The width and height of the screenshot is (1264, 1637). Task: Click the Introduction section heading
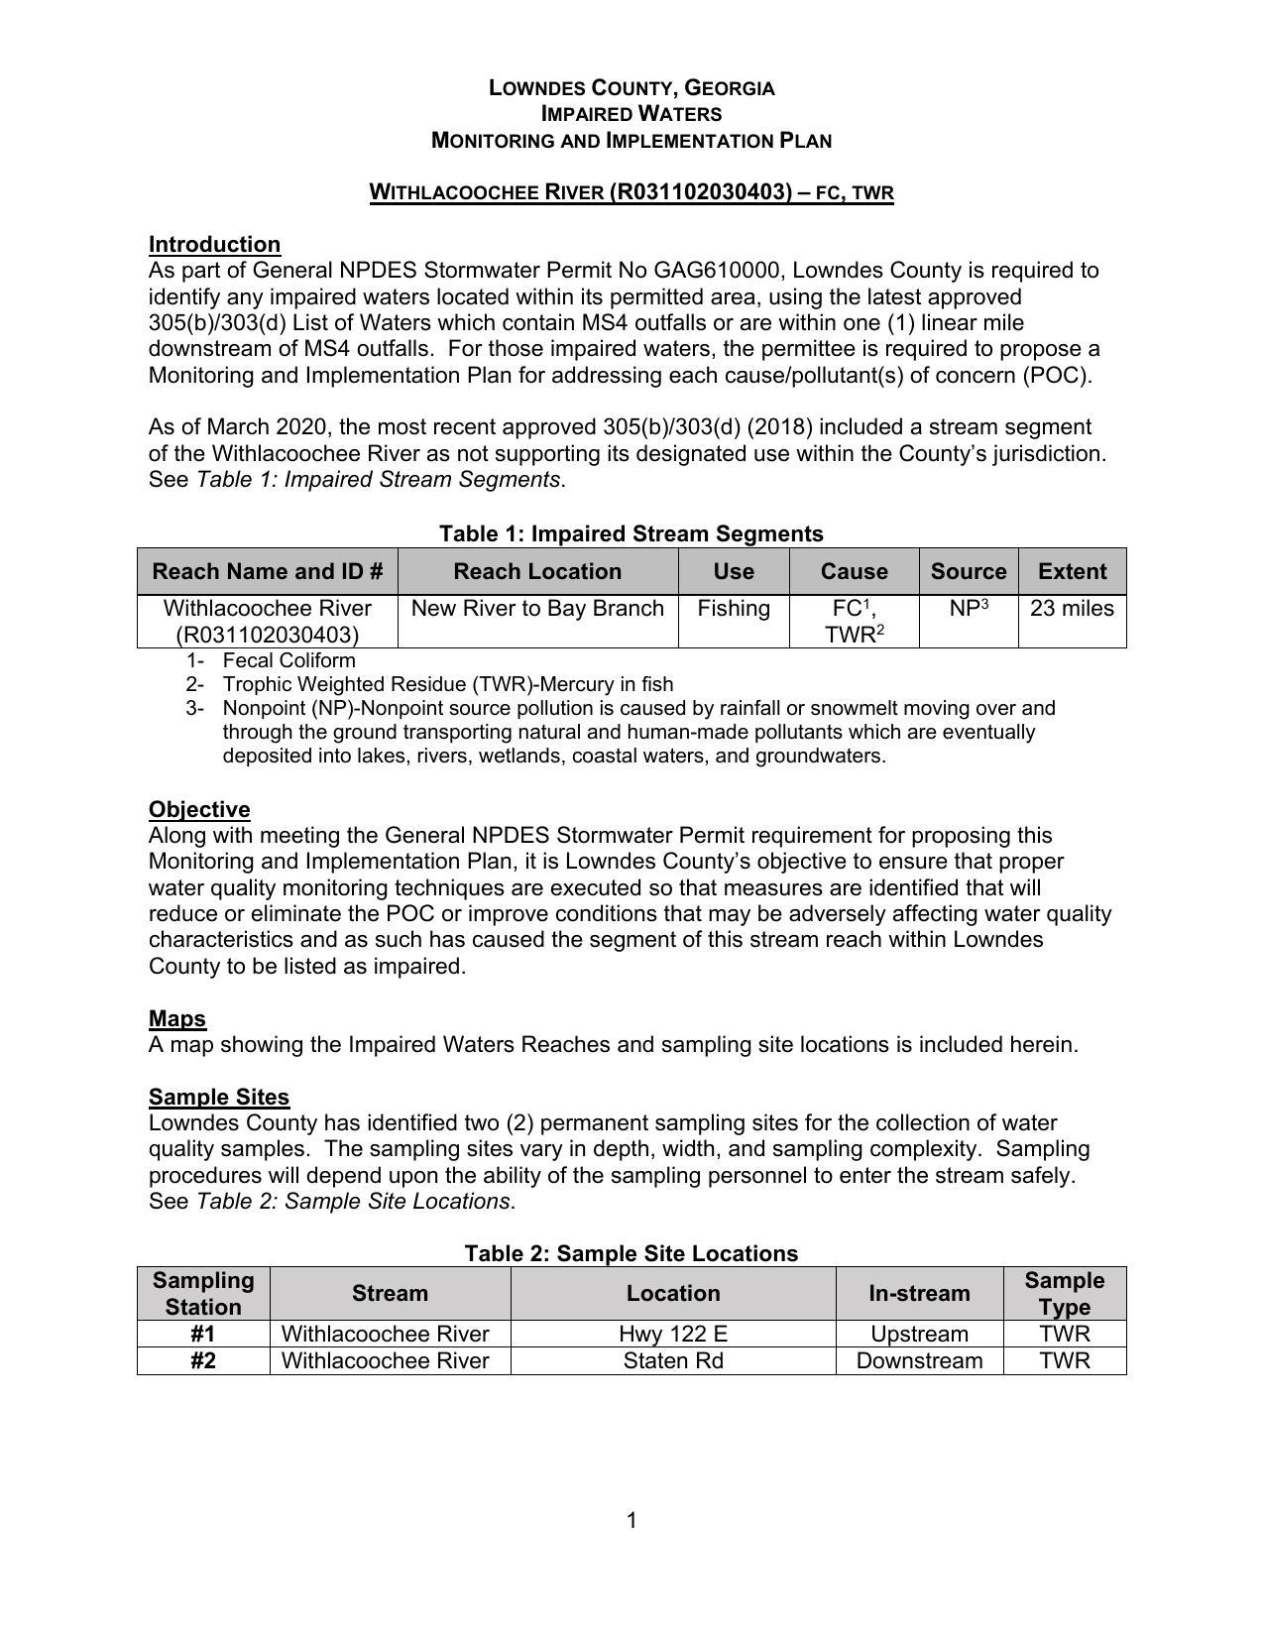click(x=214, y=244)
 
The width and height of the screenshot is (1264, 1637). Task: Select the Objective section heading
click(x=199, y=809)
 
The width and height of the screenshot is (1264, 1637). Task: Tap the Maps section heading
click(x=177, y=1018)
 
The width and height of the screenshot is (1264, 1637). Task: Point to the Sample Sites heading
click(x=219, y=1097)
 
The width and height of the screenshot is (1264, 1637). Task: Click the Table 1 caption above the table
click(x=632, y=533)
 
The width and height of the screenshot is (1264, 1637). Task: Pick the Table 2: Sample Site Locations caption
click(x=632, y=1253)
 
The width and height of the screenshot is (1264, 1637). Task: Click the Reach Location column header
click(x=537, y=571)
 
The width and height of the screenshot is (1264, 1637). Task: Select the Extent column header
click(x=1072, y=571)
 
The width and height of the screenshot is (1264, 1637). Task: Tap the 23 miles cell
click(x=1072, y=609)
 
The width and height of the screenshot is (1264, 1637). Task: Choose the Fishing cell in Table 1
click(x=734, y=609)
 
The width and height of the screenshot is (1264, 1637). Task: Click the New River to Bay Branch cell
click(x=537, y=609)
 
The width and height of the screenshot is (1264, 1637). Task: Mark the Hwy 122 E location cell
click(x=673, y=1335)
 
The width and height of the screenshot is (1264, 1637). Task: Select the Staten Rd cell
click(x=673, y=1360)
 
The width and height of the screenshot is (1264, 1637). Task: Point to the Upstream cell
click(x=919, y=1335)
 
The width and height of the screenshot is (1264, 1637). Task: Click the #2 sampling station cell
click(x=203, y=1360)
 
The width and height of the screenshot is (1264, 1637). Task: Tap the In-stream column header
click(x=919, y=1293)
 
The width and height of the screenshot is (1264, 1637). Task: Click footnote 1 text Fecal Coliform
click(x=288, y=660)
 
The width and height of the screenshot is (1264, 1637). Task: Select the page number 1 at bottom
click(x=632, y=1521)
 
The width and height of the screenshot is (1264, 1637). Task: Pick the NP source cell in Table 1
click(x=969, y=609)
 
